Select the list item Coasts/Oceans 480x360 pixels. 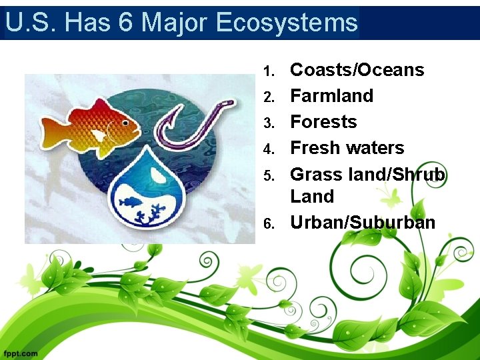pos(357,70)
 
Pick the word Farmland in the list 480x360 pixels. pos(331,96)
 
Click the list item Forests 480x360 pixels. pos(323,122)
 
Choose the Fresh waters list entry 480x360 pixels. pos(347,148)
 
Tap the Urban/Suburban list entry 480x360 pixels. pos(363,222)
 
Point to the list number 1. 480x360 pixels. pos(268,71)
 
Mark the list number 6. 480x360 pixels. pos(268,223)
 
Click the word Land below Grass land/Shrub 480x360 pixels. pos(312,197)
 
